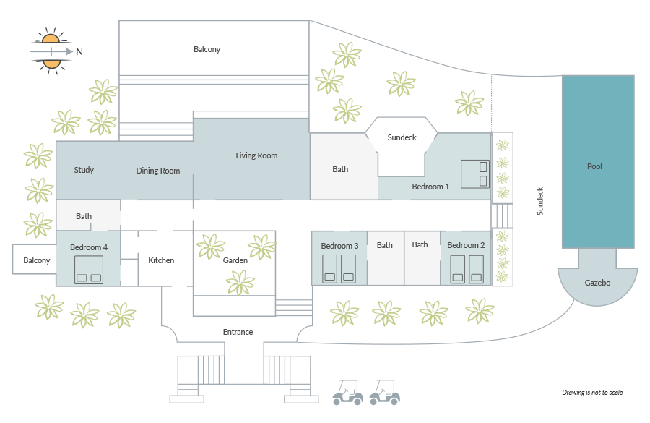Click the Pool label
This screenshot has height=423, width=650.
point(594,166)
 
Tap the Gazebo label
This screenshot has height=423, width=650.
point(597,283)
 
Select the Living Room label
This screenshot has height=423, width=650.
point(256,155)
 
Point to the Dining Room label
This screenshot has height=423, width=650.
point(158,171)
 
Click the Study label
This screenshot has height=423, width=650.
point(84,170)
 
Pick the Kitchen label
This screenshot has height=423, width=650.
point(161,260)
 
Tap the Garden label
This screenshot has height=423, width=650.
point(235,260)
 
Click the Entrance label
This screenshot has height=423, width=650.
point(238,332)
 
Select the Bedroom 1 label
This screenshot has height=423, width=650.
point(430,187)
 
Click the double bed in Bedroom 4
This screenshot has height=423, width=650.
point(89,270)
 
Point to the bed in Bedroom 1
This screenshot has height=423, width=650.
point(475,174)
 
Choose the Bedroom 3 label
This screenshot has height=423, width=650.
point(339,246)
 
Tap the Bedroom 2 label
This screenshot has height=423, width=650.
point(466,245)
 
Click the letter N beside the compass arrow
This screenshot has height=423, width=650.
point(79,51)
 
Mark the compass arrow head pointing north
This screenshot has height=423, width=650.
point(69,51)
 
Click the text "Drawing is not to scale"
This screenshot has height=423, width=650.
point(592,393)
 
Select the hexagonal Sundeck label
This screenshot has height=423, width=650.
point(402,137)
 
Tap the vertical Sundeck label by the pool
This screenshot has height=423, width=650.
point(540,201)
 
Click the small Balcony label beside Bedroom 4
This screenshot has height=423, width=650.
point(37,260)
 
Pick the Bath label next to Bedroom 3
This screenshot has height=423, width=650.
point(385,245)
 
